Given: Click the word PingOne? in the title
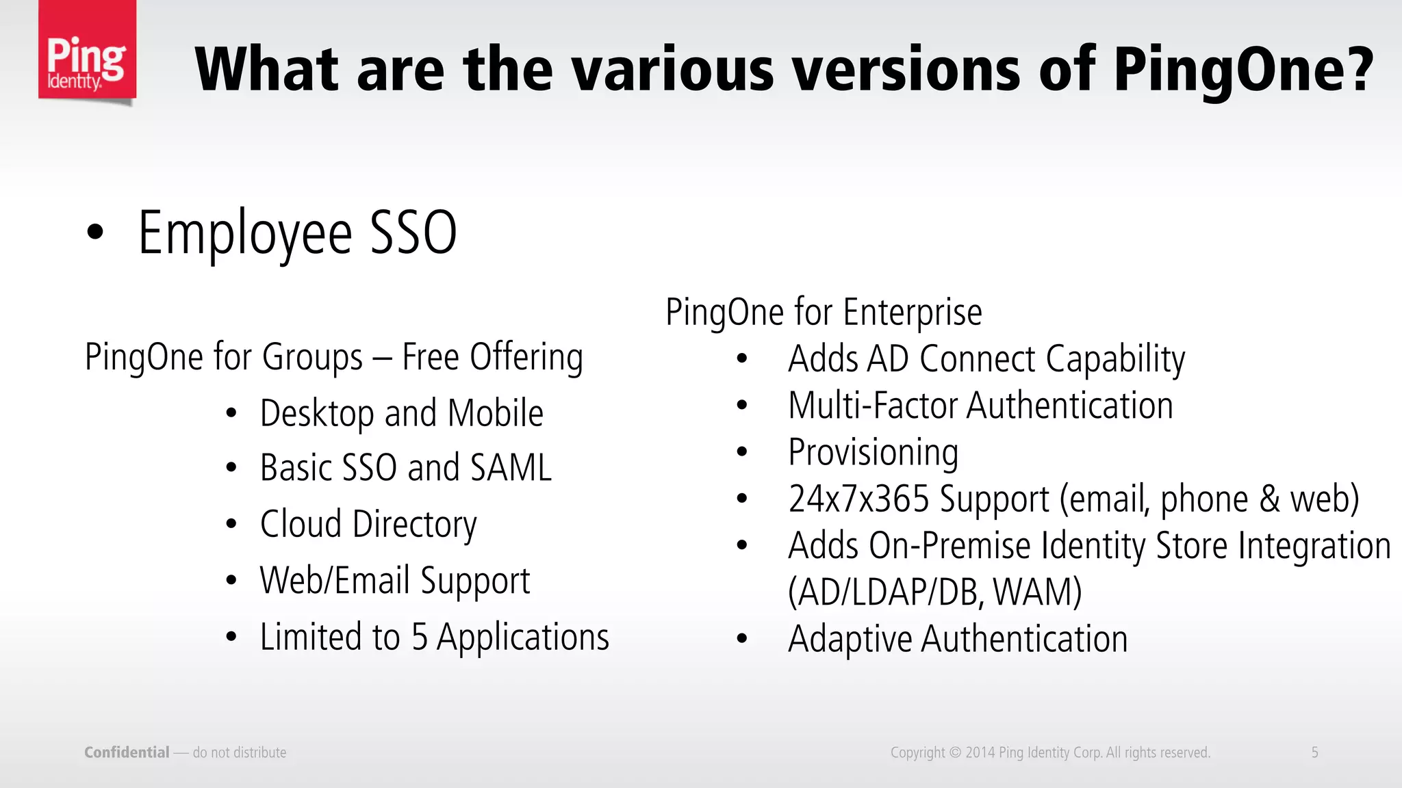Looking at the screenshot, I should pyautogui.click(x=1243, y=70).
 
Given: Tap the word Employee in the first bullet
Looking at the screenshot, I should pyautogui.click(x=245, y=234).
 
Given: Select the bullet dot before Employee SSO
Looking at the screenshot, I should pyautogui.click(x=95, y=232).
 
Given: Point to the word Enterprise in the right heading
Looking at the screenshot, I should pyautogui.click(x=912, y=313).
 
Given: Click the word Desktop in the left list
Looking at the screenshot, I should pyautogui.click(x=316, y=414).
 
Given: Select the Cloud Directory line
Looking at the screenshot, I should pyautogui.click(x=368, y=525).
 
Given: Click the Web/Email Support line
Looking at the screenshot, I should pyautogui.click(x=394, y=581).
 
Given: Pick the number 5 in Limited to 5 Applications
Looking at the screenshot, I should pyautogui.click(x=419, y=638).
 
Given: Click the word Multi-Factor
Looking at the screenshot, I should pyautogui.click(x=872, y=406).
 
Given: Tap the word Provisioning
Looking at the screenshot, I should pyautogui.click(x=873, y=453).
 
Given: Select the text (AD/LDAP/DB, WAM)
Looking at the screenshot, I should pyautogui.click(x=934, y=592).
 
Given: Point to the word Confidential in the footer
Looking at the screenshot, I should pyautogui.click(x=127, y=752).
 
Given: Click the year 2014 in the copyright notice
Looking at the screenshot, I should pyautogui.click(x=980, y=752).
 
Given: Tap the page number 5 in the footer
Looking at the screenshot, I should pyautogui.click(x=1314, y=752).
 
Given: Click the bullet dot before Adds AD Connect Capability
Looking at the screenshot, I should pyautogui.click(x=742, y=358).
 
